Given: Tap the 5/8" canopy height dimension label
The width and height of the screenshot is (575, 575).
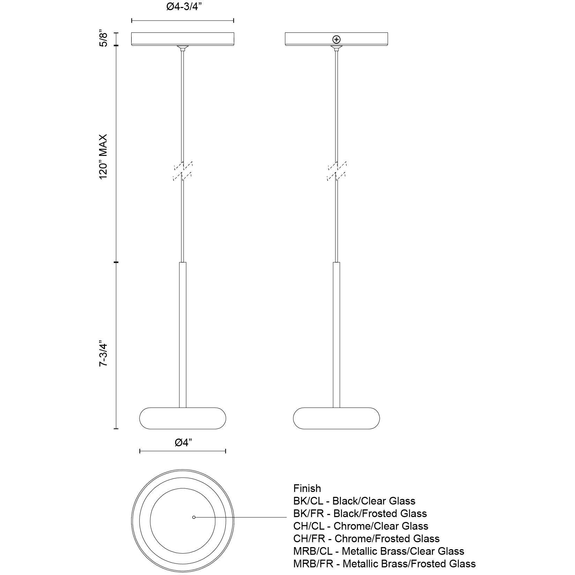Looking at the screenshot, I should (x=104, y=39).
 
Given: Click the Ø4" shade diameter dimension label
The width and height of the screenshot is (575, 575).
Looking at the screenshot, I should (x=183, y=443).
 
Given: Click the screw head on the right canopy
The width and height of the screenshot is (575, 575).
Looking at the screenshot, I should (x=336, y=39).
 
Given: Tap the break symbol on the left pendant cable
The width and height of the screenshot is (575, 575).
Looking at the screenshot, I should (x=182, y=171).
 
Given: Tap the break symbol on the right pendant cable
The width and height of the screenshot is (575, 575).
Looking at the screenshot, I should (x=336, y=171).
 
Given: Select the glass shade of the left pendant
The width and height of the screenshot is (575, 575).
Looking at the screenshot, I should (x=182, y=418).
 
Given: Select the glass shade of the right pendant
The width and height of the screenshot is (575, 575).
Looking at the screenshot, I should (x=336, y=418).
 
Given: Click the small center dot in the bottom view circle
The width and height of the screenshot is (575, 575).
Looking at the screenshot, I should (x=194, y=517).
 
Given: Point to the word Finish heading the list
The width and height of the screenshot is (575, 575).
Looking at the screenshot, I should (x=307, y=488).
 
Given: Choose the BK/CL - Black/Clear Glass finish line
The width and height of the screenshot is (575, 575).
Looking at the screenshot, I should (x=354, y=501).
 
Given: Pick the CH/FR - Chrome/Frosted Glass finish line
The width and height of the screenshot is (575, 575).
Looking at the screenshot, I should (x=366, y=539).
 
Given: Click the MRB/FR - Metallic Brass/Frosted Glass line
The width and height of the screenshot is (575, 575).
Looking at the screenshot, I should (x=384, y=564).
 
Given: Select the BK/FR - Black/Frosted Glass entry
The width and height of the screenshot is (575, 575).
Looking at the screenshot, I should (x=360, y=514).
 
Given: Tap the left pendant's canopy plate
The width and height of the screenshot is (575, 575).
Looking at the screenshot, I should (x=182, y=39).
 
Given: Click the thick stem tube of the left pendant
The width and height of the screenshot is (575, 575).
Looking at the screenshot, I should (x=182, y=335).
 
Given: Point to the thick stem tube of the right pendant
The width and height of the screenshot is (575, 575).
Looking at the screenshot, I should (x=336, y=335).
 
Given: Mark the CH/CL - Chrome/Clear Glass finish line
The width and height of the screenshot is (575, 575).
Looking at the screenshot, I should (x=360, y=526).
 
